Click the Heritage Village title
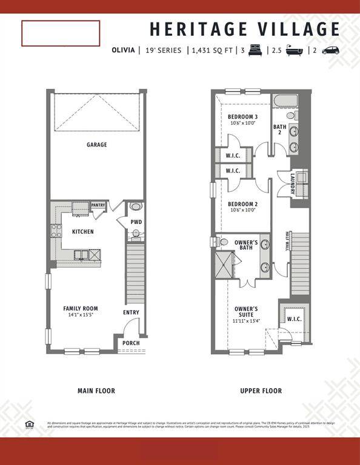(x=245, y=29)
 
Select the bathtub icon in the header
(x=297, y=51)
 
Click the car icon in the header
(x=331, y=51)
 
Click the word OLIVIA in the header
(x=123, y=51)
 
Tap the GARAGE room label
(x=96, y=145)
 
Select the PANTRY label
(x=98, y=205)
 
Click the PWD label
(x=136, y=222)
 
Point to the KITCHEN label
(x=83, y=232)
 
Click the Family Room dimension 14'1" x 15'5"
(x=81, y=315)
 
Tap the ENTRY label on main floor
(x=131, y=312)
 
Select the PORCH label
(x=131, y=343)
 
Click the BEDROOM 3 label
(x=242, y=117)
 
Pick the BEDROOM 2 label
(x=242, y=204)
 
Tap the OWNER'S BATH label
(x=246, y=245)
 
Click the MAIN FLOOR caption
(x=96, y=391)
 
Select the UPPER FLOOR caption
(x=261, y=391)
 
